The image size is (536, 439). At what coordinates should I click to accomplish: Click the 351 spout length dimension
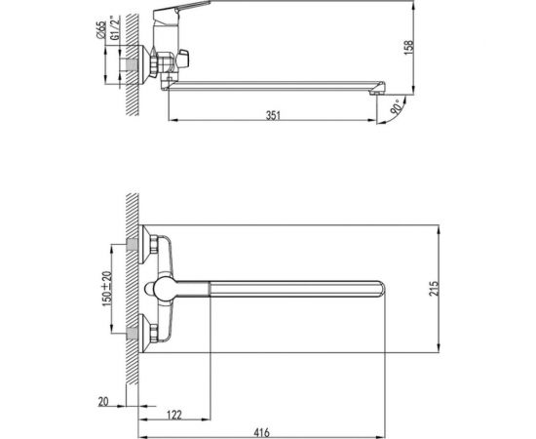pyautogui.click(x=273, y=115)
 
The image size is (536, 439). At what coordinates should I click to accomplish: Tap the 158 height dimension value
pyautogui.click(x=408, y=47)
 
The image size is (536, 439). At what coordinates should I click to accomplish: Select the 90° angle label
pyautogui.click(x=396, y=107)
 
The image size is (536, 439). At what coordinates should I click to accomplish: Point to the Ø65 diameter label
pyautogui.click(x=100, y=30)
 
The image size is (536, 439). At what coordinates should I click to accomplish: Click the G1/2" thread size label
pyautogui.click(x=116, y=28)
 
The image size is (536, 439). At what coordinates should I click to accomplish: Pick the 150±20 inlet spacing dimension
pyautogui.click(x=107, y=289)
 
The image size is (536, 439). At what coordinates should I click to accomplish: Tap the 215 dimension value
pyautogui.click(x=433, y=289)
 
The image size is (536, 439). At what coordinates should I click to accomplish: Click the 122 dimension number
pyautogui.click(x=174, y=415)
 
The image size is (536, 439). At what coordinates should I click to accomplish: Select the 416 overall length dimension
pyautogui.click(x=261, y=432)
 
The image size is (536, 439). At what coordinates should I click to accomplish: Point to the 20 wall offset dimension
pyautogui.click(x=103, y=401)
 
